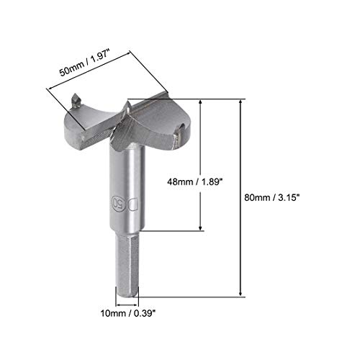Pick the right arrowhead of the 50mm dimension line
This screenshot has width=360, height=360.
[x=135, y=52]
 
